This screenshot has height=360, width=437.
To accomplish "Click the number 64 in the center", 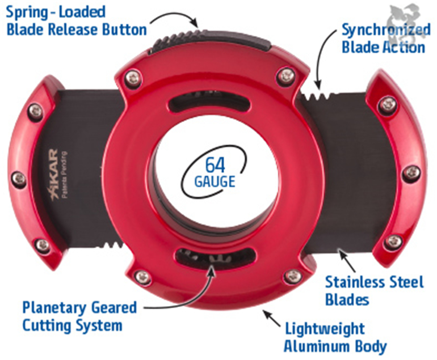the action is click(216, 165).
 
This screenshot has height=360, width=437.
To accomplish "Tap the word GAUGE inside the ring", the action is click(215, 182).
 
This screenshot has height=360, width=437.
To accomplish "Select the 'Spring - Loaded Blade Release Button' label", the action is click(77, 20).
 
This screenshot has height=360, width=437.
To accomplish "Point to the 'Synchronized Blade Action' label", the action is click(385, 38).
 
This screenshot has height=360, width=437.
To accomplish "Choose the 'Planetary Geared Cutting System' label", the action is click(79, 316).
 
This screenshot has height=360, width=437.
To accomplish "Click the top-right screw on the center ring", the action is click(287, 75).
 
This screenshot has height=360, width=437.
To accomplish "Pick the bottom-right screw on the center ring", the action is click(293, 276).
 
